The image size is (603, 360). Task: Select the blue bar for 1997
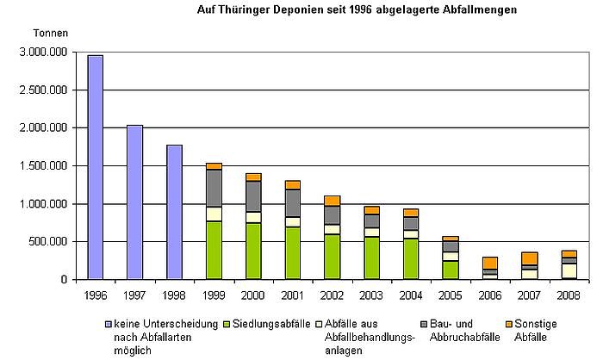tap(134, 202)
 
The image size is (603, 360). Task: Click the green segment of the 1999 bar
tap(213, 251)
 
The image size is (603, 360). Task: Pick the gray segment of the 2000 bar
tap(252, 196)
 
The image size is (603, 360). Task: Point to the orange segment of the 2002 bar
tap(332, 201)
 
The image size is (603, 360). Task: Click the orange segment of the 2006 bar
tap(489, 263)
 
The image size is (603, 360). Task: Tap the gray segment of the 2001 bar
tap(292, 203)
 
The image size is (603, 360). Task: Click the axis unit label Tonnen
tap(49, 33)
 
